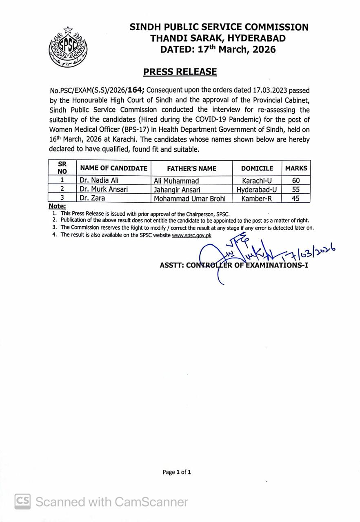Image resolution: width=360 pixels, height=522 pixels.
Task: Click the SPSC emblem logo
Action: (68, 46)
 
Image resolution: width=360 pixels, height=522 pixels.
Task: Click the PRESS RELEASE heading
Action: (180, 72)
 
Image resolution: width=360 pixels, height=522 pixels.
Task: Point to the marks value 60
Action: (296, 180)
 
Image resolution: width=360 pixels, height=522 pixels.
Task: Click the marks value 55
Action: (296, 189)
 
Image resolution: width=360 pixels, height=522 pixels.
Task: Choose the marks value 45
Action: (296, 198)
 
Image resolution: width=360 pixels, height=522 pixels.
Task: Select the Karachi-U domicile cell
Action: (257, 180)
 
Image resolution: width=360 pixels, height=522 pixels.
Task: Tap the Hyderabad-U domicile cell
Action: (257, 189)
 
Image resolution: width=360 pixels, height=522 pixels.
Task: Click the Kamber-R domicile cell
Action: (257, 198)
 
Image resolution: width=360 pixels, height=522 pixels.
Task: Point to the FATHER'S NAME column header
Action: (191, 168)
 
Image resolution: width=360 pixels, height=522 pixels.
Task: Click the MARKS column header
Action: (296, 168)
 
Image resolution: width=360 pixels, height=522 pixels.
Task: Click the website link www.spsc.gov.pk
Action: (191, 235)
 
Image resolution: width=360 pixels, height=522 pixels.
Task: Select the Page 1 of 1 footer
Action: (177, 472)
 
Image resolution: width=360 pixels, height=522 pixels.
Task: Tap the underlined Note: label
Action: (57, 206)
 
